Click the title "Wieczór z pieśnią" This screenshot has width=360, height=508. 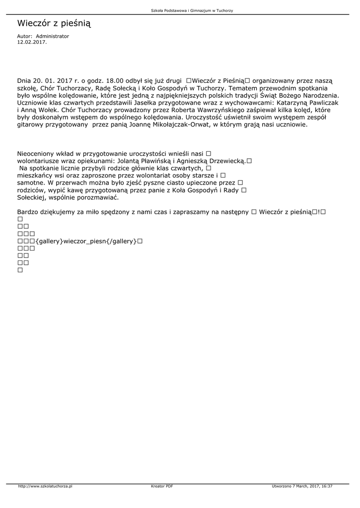pos(54,23)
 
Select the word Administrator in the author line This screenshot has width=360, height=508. pos(53,36)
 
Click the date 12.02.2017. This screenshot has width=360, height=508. pos(32,42)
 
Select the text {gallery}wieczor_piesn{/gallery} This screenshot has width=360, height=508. pos(86,241)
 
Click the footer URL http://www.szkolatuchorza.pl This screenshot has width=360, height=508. pos(45,486)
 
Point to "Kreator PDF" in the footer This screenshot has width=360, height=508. pos(162,486)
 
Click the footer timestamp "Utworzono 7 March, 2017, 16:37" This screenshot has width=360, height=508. pos(302,486)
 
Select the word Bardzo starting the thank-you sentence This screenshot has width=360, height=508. pos(28,212)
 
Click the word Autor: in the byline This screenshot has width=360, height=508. pos(24,36)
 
